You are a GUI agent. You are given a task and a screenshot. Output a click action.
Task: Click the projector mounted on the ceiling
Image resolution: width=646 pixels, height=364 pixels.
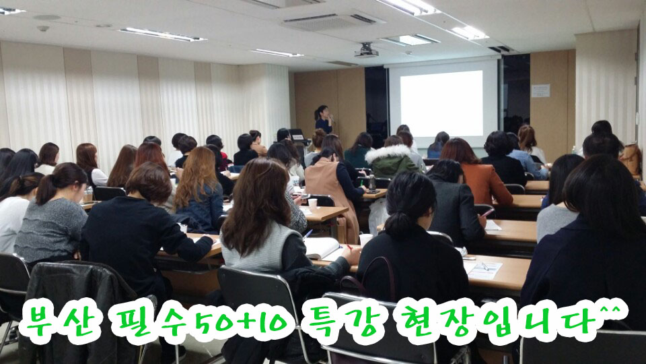pos(366,51)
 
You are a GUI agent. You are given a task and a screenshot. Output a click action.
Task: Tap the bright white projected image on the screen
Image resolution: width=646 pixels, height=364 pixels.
pos(441,103)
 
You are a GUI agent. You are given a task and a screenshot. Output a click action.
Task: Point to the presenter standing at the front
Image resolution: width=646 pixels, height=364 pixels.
pos(324,119)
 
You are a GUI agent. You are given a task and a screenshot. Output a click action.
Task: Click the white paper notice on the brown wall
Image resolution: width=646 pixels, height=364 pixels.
pos(540,90)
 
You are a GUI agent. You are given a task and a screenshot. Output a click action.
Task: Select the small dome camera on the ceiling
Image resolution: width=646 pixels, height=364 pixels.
pos(43,28)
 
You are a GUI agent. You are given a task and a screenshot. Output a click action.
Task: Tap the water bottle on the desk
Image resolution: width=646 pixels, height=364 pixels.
pos(372,182)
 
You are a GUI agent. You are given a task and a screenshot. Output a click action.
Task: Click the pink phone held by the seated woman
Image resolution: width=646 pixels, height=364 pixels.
pos(488,212)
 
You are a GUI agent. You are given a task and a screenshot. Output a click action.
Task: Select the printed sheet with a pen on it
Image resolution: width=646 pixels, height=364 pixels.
pos(483,270)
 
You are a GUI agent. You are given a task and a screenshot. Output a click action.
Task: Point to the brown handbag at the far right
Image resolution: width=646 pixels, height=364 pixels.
pos(631,159)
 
